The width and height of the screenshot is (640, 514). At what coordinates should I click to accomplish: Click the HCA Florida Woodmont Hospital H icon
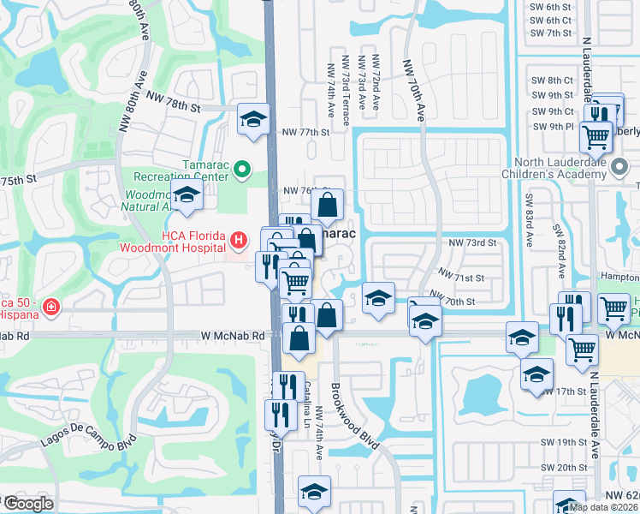coord(242,237)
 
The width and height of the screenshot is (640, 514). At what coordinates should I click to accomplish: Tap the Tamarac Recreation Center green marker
coord(242,169)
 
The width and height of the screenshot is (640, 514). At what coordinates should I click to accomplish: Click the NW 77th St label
coord(305,133)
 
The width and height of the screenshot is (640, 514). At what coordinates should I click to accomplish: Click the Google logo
coord(27,504)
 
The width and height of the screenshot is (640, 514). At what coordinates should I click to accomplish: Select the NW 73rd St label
coord(473,243)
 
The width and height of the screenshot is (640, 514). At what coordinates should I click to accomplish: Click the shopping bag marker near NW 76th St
coord(327,205)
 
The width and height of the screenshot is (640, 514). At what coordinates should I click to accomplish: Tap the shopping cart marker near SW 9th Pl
coord(596,135)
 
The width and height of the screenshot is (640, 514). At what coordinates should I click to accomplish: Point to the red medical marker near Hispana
coord(50,306)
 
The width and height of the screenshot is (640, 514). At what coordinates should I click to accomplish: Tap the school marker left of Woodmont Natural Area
coord(187,194)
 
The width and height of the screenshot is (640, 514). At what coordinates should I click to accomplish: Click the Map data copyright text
coord(604,507)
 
